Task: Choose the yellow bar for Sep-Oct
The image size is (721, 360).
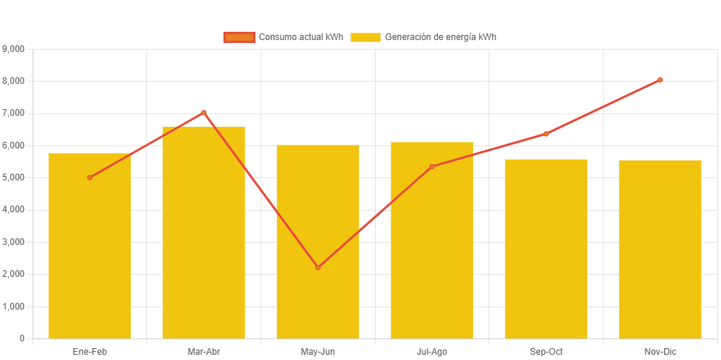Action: pyautogui.click(x=546, y=249)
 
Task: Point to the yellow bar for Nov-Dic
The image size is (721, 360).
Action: pyautogui.click(x=660, y=249)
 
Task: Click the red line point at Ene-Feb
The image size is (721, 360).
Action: pyautogui.click(x=90, y=177)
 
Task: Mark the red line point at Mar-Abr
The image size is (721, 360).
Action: pyautogui.click(x=203, y=113)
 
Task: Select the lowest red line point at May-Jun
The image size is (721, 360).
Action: pyautogui.click(x=318, y=267)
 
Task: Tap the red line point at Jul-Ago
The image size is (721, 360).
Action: pyautogui.click(x=432, y=166)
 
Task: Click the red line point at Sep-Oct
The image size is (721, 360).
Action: pyautogui.click(x=546, y=134)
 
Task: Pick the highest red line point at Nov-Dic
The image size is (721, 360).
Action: pyautogui.click(x=660, y=80)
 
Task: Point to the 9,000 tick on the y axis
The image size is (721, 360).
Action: pyautogui.click(x=14, y=49)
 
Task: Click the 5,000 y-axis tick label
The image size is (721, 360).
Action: pyautogui.click(x=14, y=177)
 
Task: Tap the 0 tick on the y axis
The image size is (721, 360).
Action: pyautogui.click(x=22, y=338)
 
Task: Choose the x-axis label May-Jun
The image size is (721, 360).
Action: pyautogui.click(x=318, y=351)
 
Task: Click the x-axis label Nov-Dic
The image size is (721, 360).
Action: pyautogui.click(x=660, y=351)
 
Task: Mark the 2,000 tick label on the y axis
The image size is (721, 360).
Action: pyautogui.click(x=14, y=274)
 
